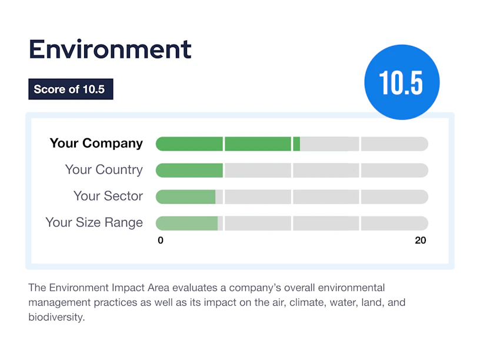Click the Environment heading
(110, 49)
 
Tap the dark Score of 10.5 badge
(71, 89)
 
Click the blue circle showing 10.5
(402, 82)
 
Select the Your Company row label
(96, 144)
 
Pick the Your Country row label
(104, 169)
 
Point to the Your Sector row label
(108, 196)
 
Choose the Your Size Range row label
(94, 222)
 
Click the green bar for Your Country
(189, 170)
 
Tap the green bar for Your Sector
(185, 196)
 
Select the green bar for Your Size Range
(186, 223)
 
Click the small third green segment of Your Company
(296, 144)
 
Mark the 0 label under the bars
(161, 241)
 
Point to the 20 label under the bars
(421, 241)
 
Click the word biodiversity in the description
(56, 317)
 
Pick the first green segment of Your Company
(189, 144)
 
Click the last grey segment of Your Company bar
(395, 144)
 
